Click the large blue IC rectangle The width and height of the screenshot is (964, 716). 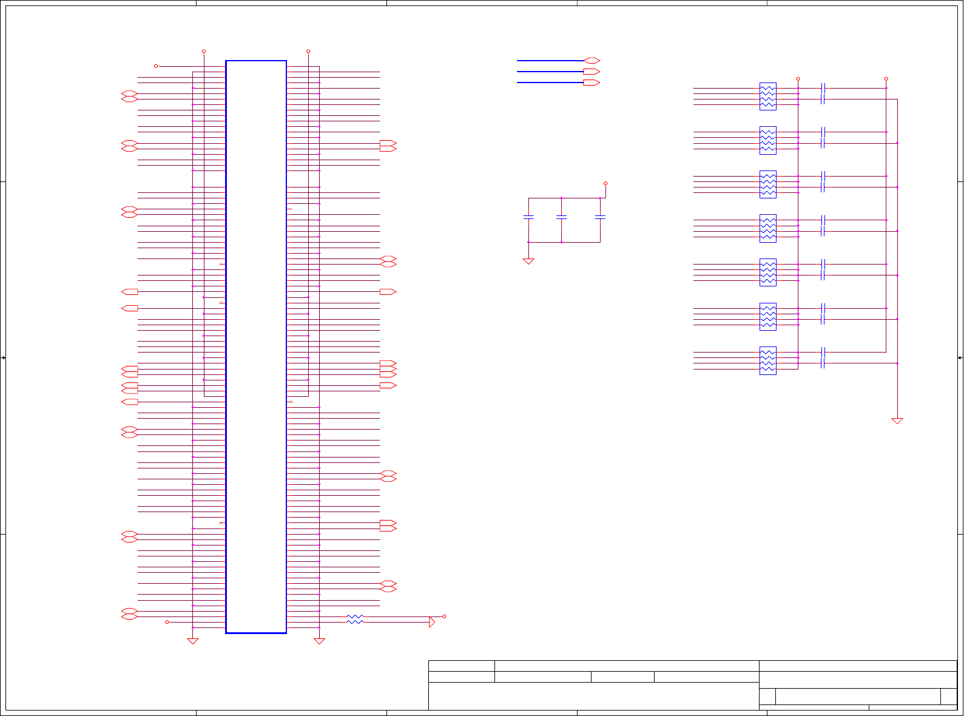click(255, 346)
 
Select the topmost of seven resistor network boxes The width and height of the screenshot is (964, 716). click(767, 96)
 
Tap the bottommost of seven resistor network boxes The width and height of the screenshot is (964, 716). click(767, 360)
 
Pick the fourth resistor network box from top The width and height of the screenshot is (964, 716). click(767, 228)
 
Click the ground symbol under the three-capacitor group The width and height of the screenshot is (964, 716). click(528, 262)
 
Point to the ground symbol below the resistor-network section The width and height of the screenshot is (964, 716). click(897, 420)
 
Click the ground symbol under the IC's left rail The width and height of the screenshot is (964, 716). click(192, 641)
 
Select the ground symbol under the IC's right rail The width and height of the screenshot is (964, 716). click(319, 641)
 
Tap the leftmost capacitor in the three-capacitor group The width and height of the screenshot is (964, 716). click(528, 217)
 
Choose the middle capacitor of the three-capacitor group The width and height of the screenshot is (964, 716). click(561, 217)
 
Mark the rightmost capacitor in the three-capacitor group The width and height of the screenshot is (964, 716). click(600, 217)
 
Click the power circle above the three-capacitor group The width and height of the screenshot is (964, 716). click(605, 183)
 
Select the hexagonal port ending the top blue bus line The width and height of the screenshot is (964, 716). click(592, 61)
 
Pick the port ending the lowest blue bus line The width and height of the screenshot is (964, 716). click(592, 83)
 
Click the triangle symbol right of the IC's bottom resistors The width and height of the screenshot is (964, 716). click(432, 622)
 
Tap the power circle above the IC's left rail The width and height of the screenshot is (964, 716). click(204, 52)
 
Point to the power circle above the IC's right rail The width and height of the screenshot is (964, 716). click(308, 52)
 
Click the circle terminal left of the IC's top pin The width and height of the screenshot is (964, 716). click(156, 66)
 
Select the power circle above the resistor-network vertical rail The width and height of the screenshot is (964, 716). click(798, 79)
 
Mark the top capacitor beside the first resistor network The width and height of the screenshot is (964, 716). click(823, 88)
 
